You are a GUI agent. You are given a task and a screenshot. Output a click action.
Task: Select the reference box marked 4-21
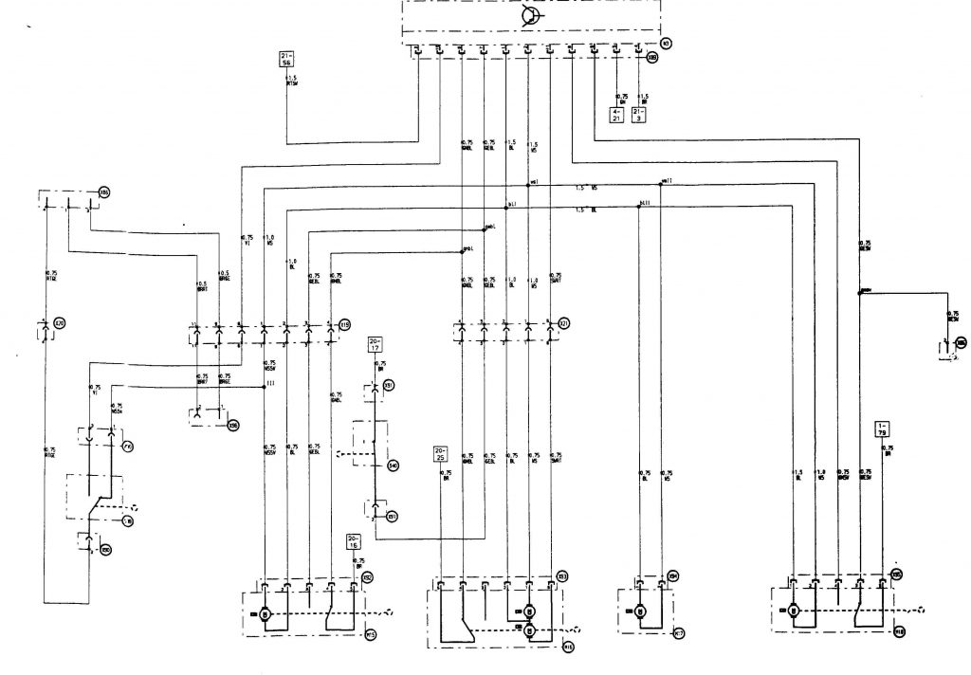coord(617,117)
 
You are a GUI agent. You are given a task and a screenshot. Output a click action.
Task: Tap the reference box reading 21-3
coord(640,117)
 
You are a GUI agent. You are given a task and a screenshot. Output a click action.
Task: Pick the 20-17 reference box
coord(375,343)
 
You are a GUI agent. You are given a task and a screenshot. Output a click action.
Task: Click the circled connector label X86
coord(104,192)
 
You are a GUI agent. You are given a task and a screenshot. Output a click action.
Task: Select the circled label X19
coord(345,325)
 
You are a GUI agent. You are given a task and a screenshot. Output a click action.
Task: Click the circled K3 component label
coord(666,43)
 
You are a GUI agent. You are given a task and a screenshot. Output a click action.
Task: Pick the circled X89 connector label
coord(652,57)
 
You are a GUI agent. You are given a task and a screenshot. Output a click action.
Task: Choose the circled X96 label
coord(233,426)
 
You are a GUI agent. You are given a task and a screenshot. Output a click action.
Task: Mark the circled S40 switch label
coord(393,465)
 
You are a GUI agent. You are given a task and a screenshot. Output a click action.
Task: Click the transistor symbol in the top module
coord(531,18)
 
